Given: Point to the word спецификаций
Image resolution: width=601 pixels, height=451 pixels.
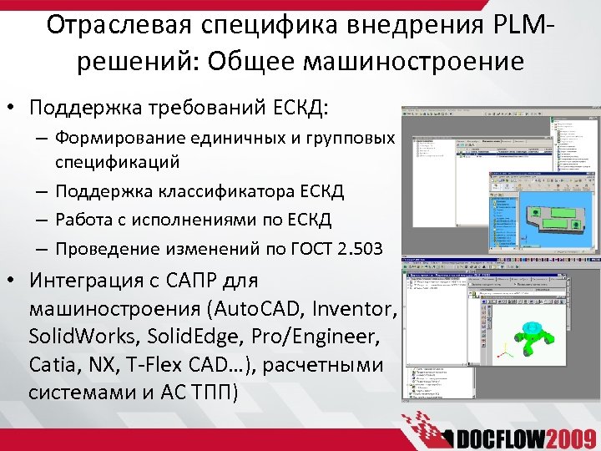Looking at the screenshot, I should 118,161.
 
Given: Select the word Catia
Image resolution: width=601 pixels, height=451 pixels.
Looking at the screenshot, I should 52,365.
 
